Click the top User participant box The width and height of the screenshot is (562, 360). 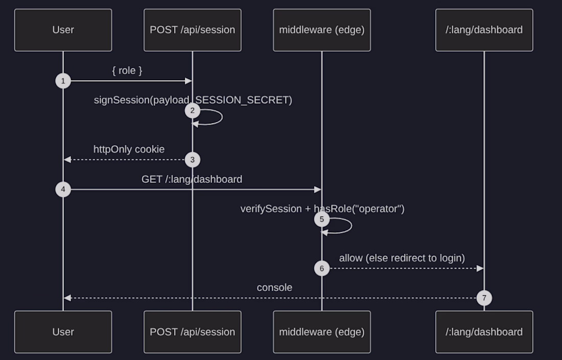click(63, 30)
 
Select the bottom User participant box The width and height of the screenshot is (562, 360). click(63, 332)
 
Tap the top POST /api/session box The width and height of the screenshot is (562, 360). click(193, 30)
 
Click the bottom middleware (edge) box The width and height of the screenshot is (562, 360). click(322, 332)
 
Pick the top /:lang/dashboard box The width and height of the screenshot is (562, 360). click(484, 30)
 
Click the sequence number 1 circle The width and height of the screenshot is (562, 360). click(63, 81)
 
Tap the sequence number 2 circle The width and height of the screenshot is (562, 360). click(193, 111)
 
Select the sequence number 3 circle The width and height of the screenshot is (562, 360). click(193, 160)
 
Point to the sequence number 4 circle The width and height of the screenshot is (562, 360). click(63, 189)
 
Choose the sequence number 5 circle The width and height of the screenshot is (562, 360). click(322, 219)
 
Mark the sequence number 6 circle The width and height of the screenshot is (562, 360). click(322, 268)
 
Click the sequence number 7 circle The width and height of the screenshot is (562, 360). click(484, 298)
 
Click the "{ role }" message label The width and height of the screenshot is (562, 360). click(127, 70)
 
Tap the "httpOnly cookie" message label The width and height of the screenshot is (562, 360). click(129, 150)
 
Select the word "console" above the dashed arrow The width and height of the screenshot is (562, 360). click(274, 287)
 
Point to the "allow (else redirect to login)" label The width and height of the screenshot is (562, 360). click(402, 258)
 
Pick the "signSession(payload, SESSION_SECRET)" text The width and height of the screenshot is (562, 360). click(193, 100)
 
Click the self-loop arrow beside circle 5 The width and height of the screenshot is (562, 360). click(352, 226)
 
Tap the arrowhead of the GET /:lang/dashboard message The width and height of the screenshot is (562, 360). click(318, 189)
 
